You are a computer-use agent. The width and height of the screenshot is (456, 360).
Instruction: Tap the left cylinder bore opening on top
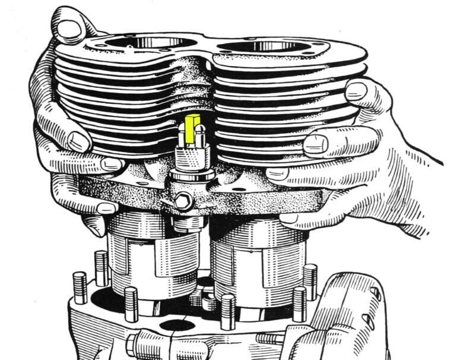click(x=145, y=43)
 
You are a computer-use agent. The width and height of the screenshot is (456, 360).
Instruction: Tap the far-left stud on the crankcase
click(x=80, y=286)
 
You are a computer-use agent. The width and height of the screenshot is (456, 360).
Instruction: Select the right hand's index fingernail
click(x=356, y=91)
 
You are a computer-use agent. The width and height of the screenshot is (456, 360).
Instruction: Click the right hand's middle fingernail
click(x=316, y=143)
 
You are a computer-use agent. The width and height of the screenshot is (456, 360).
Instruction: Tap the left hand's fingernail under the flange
click(x=107, y=208)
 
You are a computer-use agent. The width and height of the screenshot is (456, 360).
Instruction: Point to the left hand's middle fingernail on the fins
click(x=78, y=141)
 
